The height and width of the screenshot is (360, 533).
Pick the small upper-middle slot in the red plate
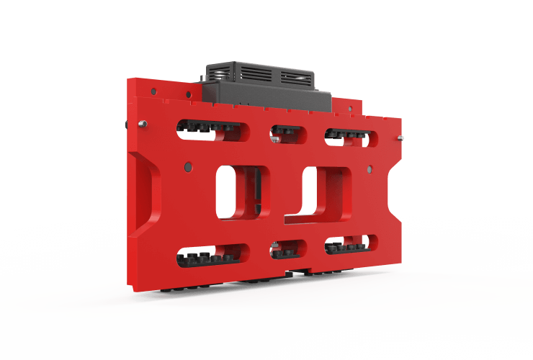[x=285, y=133]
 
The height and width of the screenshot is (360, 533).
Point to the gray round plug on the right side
[x=369, y=170]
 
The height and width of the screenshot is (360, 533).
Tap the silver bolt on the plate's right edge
[x=400, y=136]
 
